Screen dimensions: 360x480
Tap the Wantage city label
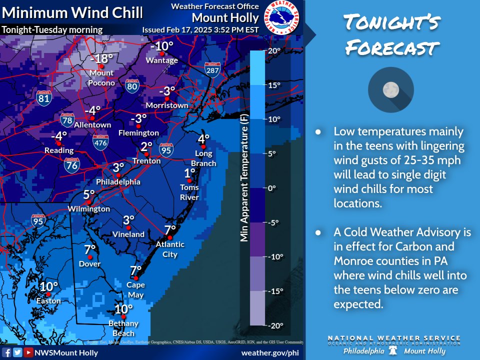pyautogui.click(x=161, y=60)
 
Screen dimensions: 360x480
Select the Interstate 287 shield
pyautogui.click(x=212, y=70)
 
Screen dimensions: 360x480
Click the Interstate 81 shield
pyautogui.click(x=44, y=97)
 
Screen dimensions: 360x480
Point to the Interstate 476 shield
pyautogui.click(x=100, y=142)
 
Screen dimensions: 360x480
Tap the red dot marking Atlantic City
pyautogui.click(x=170, y=237)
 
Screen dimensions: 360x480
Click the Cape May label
pyautogui.click(x=135, y=289)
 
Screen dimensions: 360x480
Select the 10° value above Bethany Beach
pyautogui.click(x=123, y=309)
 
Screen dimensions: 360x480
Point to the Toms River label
pyautogui.click(x=189, y=192)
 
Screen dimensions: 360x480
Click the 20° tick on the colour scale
pyautogui.click(x=275, y=50)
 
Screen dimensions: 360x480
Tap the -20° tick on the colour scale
pyautogui.click(x=275, y=325)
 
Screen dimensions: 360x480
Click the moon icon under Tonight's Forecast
pyautogui.click(x=390, y=90)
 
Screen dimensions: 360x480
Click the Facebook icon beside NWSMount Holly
pyautogui.click(x=7, y=352)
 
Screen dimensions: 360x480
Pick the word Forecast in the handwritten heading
pyautogui.click(x=392, y=49)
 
